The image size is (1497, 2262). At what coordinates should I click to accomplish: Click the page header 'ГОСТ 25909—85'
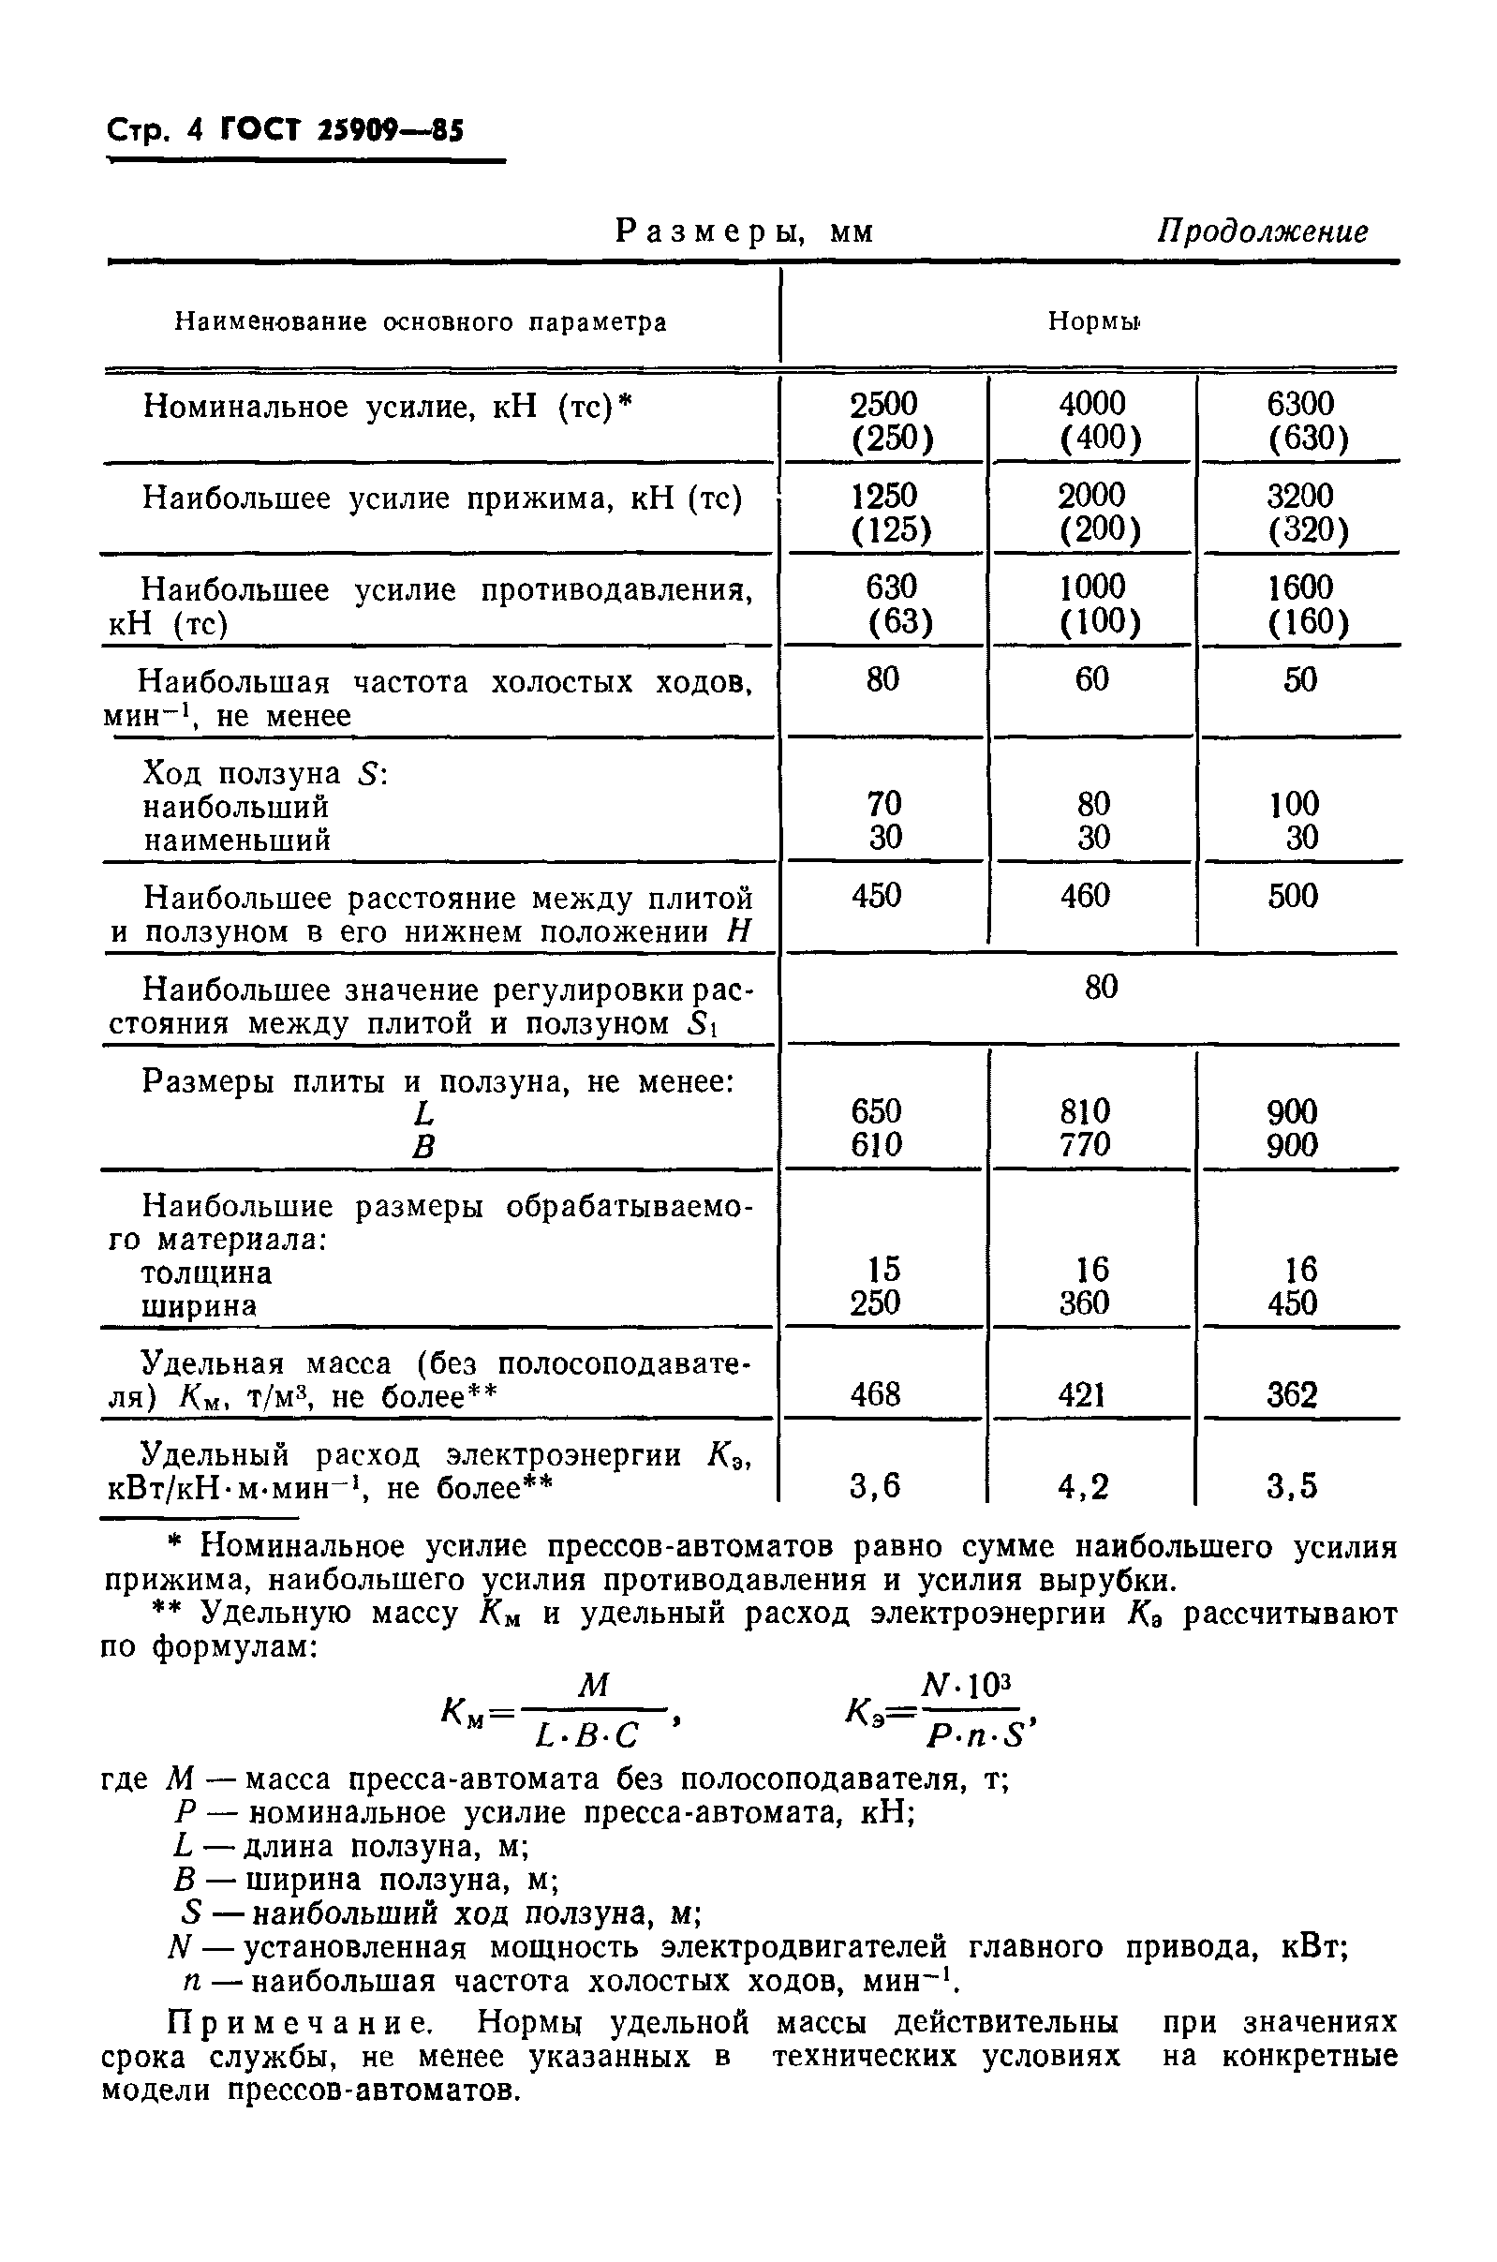pyautogui.click(x=341, y=129)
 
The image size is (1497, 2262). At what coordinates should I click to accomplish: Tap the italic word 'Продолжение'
pyautogui.click(x=1262, y=232)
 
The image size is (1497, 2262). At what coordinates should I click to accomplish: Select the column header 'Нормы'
pyautogui.click(x=1092, y=321)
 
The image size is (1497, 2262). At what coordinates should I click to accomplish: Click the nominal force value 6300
pyautogui.click(x=1300, y=404)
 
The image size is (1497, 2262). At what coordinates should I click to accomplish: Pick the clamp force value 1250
pyautogui.click(x=884, y=495)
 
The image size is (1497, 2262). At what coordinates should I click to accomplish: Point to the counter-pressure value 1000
pyautogui.click(x=1092, y=587)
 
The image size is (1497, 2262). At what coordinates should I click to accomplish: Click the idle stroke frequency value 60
pyautogui.click(x=1092, y=679)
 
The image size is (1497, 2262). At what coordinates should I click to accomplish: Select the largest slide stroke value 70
pyautogui.click(x=884, y=803)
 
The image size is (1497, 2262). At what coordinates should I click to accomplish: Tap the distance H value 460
pyautogui.click(x=1086, y=896)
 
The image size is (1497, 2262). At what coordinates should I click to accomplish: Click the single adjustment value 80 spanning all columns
pyautogui.click(x=1101, y=987)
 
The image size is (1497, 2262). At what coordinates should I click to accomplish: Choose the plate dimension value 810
pyautogui.click(x=1086, y=1110)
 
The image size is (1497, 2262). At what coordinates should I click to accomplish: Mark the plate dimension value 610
pyautogui.click(x=877, y=1144)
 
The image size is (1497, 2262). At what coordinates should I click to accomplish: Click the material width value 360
pyautogui.click(x=1086, y=1302)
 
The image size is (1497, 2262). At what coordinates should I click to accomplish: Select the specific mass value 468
pyautogui.click(x=877, y=1395)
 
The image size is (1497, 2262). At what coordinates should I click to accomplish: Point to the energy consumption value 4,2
pyautogui.click(x=1084, y=1487)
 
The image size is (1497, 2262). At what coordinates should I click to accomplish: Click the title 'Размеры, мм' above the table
pyautogui.click(x=745, y=232)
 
